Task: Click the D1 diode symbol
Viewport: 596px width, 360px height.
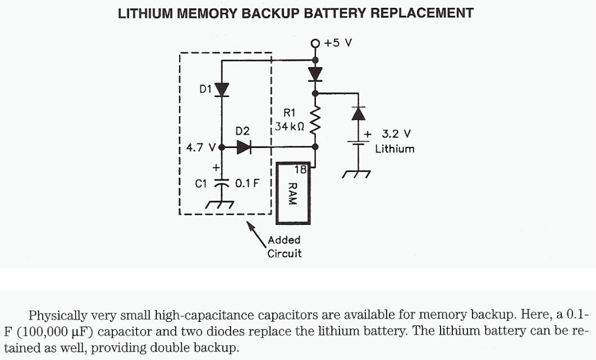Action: tap(222, 89)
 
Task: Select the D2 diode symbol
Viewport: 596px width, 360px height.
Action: tap(244, 147)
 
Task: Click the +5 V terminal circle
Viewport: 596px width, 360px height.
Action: tap(315, 43)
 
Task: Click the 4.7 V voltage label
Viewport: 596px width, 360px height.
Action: tap(201, 148)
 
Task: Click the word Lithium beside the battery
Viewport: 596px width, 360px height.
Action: tap(395, 149)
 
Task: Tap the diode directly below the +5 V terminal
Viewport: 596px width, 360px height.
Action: tap(315, 73)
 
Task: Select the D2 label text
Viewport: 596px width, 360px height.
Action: tap(242, 131)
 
